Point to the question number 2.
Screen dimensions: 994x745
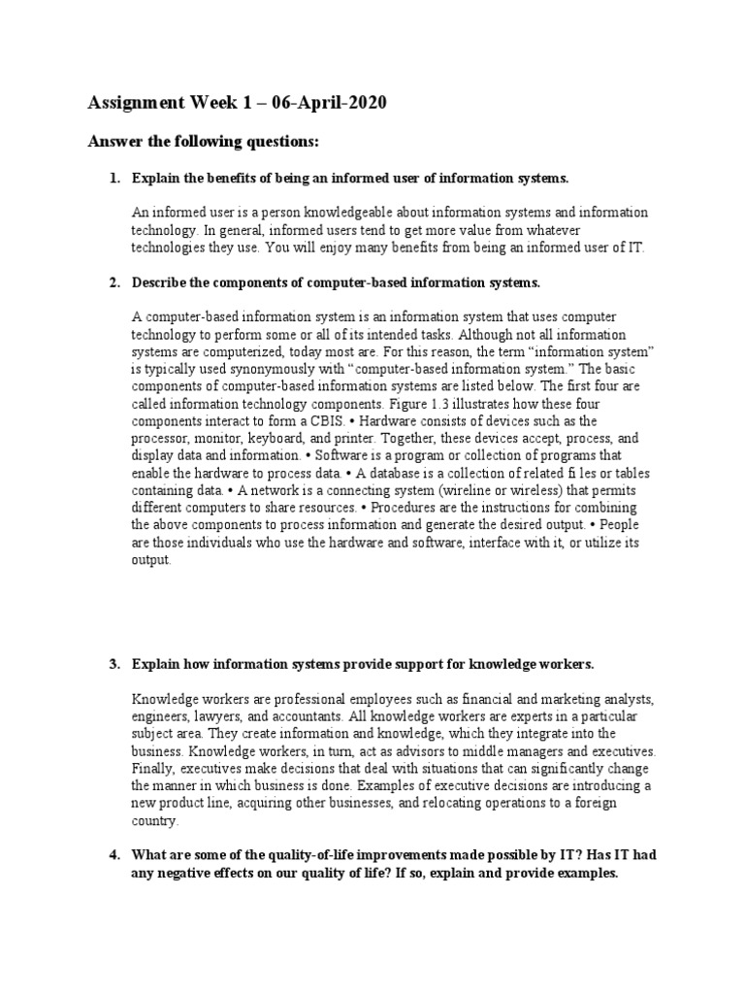pos(113,282)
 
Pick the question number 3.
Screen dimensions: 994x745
pos(113,664)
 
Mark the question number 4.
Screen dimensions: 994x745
pos(113,854)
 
